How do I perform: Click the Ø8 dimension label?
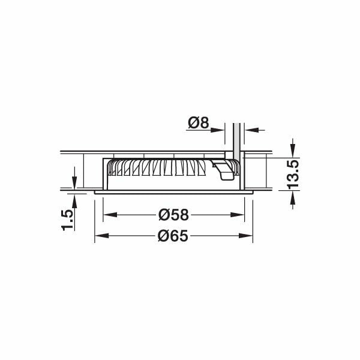(x=197, y=122)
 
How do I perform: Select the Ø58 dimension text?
(x=173, y=214)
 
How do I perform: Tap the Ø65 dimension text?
(x=173, y=236)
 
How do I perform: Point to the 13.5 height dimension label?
(x=293, y=174)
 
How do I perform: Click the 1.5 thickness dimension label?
(x=67, y=220)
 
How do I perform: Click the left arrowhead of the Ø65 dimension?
(x=99, y=236)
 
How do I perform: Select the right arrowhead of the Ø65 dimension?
(x=248, y=236)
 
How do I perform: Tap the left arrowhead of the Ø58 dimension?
(x=108, y=214)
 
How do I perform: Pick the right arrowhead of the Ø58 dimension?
(x=240, y=214)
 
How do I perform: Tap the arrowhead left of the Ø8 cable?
(x=225, y=128)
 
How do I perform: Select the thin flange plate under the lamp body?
(x=174, y=192)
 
